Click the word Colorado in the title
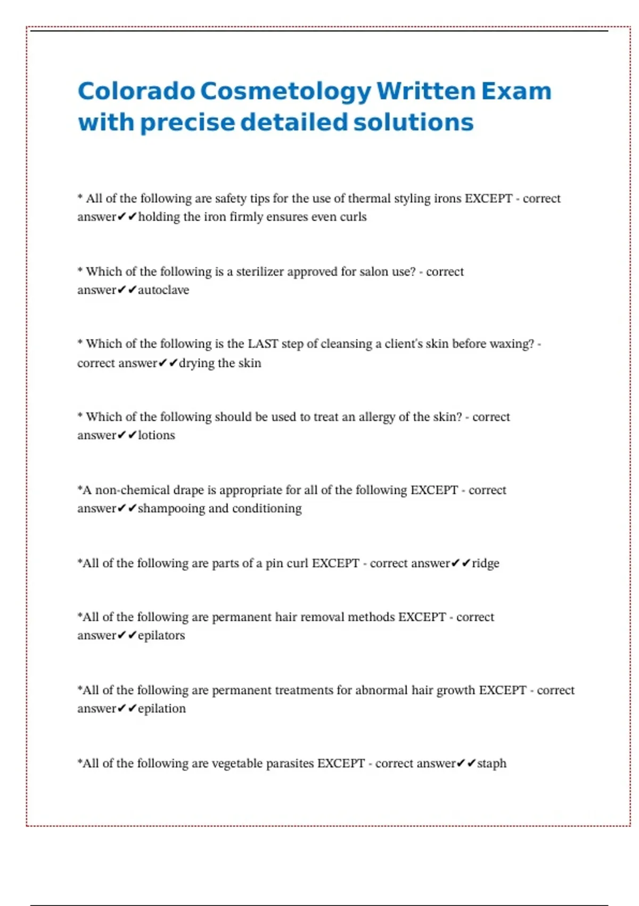(x=136, y=91)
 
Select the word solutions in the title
(x=413, y=122)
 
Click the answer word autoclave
(x=163, y=290)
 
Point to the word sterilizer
(x=260, y=272)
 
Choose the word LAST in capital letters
(x=263, y=344)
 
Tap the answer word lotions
(x=157, y=435)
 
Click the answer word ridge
(x=486, y=563)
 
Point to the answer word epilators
(x=161, y=635)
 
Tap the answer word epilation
(x=162, y=709)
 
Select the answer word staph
(x=491, y=764)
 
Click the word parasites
(x=290, y=764)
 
